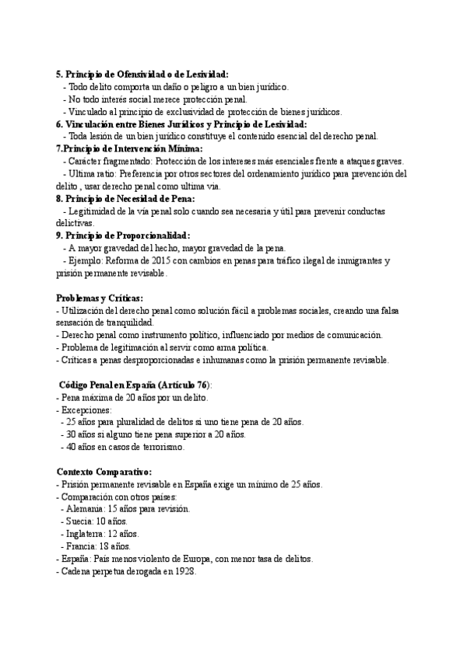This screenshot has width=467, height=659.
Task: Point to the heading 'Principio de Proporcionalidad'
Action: (128, 235)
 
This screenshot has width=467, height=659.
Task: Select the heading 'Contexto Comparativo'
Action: (104, 472)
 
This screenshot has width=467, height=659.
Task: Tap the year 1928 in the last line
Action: (184, 571)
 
